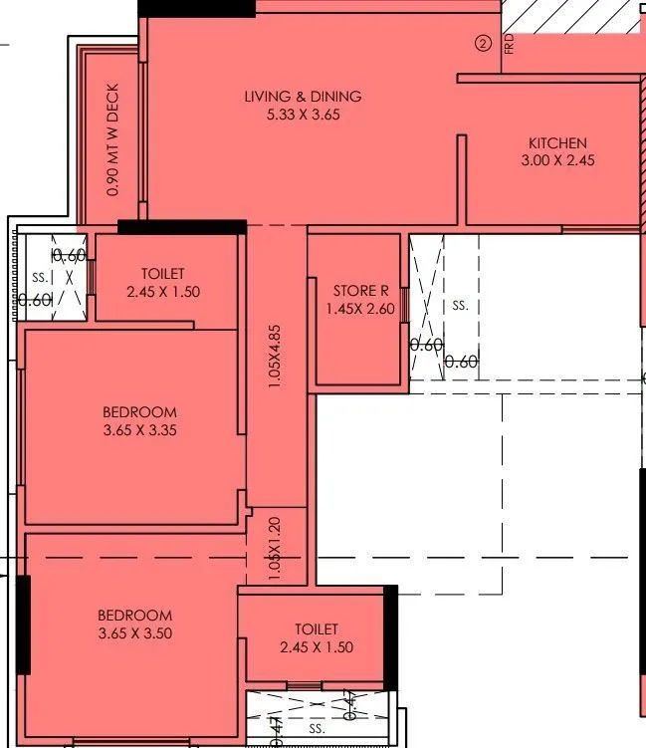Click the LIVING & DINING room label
click(x=303, y=97)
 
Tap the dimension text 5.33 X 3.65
click(x=303, y=115)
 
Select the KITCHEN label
click(x=557, y=143)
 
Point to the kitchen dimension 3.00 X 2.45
click(x=557, y=160)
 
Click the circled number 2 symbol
click(x=484, y=43)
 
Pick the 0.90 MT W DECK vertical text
click(x=112, y=138)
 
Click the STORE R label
click(x=360, y=291)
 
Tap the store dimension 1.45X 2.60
click(x=360, y=309)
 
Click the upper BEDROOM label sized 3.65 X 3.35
click(x=139, y=412)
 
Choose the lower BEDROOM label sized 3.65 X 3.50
click(x=134, y=616)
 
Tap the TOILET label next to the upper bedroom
click(x=162, y=274)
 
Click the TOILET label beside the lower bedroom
click(x=317, y=629)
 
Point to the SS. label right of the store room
click(x=460, y=306)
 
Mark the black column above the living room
click(x=196, y=8)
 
